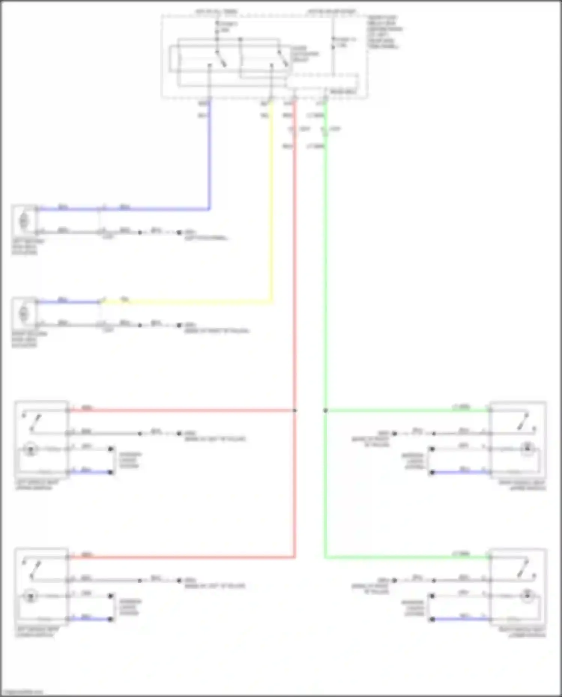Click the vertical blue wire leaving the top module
point(209,157)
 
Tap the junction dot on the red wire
point(295,410)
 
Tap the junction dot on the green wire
point(325,410)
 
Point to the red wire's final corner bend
point(294,557)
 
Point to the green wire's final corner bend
point(325,557)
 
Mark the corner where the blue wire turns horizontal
point(209,209)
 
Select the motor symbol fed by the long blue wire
point(24,221)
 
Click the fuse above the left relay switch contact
point(217,27)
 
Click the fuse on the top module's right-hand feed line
point(333,42)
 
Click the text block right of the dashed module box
point(384,32)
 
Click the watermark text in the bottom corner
point(22,692)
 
